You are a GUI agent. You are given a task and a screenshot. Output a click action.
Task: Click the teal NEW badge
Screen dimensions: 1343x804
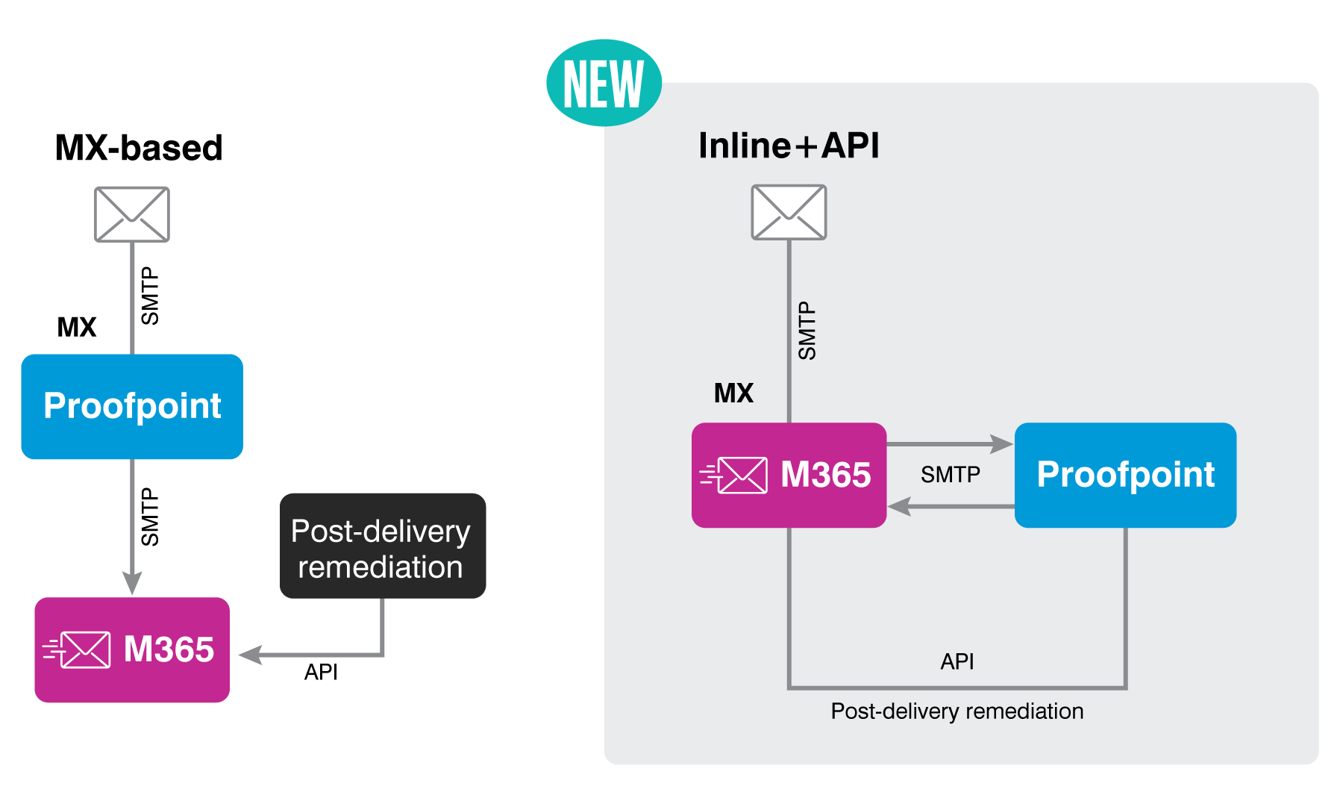click(604, 84)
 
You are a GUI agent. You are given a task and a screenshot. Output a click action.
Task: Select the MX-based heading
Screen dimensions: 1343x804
click(139, 148)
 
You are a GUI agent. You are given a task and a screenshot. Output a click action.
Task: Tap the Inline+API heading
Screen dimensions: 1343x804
click(789, 145)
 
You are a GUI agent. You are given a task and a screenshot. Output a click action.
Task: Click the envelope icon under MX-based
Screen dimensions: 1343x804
click(132, 215)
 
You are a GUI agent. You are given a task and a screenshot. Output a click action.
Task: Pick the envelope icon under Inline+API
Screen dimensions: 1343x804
click(789, 212)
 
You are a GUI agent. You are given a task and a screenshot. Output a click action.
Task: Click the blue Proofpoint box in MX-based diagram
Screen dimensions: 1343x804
click(132, 406)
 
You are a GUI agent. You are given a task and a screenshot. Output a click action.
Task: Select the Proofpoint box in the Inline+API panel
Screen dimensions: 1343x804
click(1125, 475)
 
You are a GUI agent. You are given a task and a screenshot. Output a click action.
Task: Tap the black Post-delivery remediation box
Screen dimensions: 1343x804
click(382, 546)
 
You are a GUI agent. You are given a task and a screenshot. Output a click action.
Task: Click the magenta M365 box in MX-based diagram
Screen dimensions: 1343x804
click(132, 649)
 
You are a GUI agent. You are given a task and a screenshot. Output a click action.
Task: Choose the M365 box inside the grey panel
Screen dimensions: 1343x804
click(789, 475)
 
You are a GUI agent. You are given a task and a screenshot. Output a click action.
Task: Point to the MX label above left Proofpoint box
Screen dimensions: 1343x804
click(77, 327)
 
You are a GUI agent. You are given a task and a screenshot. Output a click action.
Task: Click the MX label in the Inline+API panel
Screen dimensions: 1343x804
click(733, 393)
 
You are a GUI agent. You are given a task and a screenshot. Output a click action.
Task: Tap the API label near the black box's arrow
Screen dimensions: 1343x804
click(321, 672)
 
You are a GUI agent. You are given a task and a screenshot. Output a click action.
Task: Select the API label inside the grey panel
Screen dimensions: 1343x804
click(957, 661)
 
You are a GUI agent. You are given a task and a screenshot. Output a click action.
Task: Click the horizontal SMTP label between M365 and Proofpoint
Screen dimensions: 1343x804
click(950, 474)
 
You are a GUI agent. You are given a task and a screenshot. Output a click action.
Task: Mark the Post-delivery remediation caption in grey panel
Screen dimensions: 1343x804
click(957, 711)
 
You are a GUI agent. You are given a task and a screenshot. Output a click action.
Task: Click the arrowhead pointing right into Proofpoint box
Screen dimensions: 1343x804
click(1001, 443)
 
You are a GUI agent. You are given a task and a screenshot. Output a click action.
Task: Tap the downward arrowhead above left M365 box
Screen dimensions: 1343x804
click(132, 582)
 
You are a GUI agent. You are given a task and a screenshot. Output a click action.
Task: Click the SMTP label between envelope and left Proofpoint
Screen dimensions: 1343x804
click(150, 296)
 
